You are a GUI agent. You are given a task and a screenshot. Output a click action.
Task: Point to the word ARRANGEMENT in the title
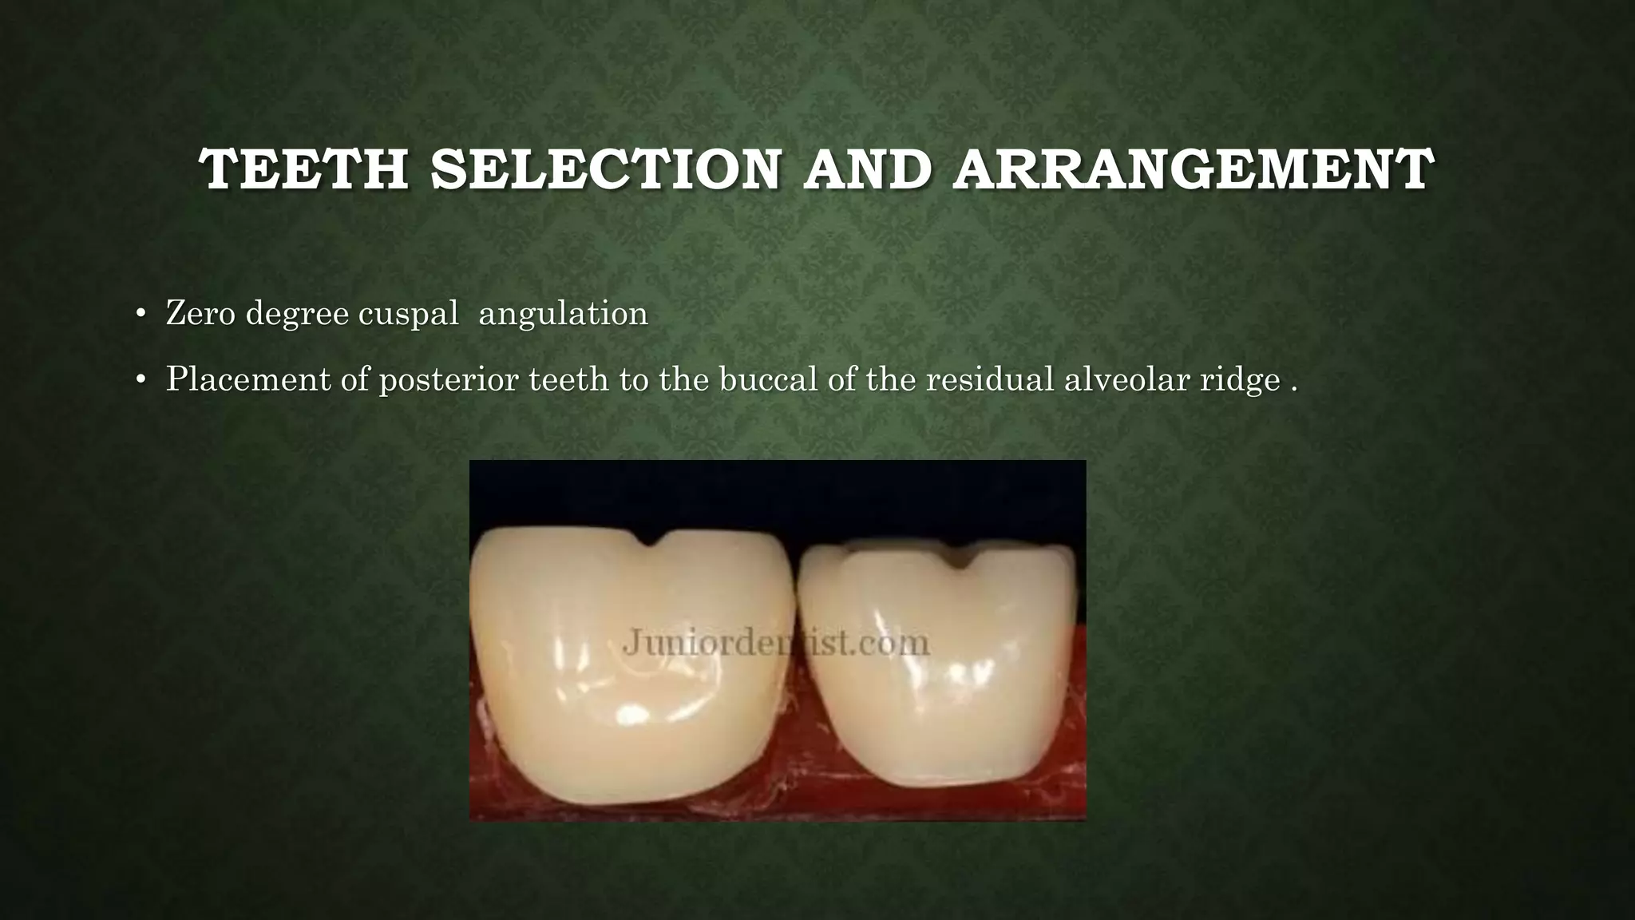coord(1194,169)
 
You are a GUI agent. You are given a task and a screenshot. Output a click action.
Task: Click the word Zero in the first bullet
coord(201,313)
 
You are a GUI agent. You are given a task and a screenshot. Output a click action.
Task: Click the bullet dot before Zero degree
coord(141,315)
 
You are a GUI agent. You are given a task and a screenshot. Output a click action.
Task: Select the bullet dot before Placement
coord(141,381)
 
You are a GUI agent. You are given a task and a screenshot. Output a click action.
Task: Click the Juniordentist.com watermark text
coord(775,643)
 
